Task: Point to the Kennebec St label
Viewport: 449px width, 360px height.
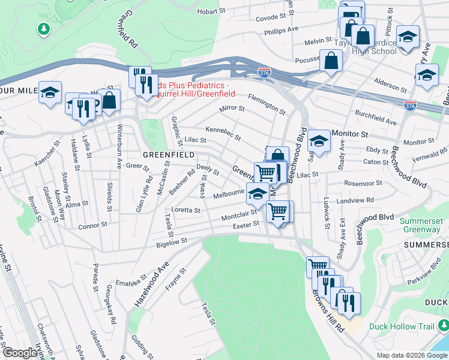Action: tap(223, 133)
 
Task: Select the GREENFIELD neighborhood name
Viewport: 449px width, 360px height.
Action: tap(168, 155)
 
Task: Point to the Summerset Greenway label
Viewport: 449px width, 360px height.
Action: tap(423, 225)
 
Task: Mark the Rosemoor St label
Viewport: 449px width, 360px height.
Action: tap(363, 183)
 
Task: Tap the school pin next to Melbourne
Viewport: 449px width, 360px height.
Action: tap(258, 194)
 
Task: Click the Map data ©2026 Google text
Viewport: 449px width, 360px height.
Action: tap(411, 355)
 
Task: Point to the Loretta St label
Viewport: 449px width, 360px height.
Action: tap(186, 211)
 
